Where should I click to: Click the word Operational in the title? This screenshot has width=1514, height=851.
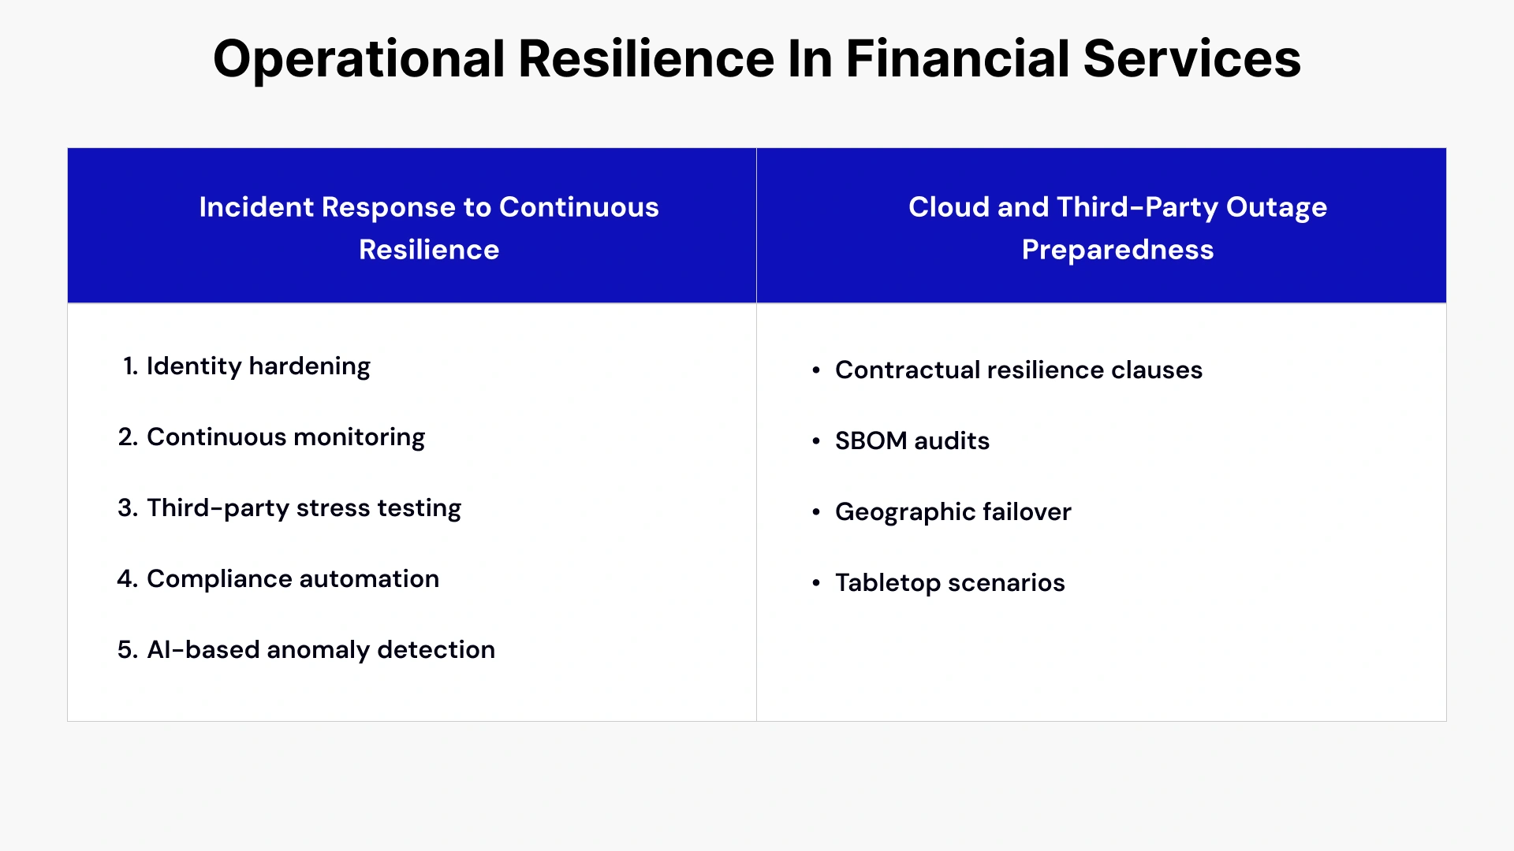(x=359, y=59)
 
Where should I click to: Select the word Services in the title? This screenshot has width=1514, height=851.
(x=1191, y=59)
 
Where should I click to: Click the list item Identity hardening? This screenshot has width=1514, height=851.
(x=258, y=366)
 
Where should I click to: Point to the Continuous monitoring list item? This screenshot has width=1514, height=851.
(x=285, y=437)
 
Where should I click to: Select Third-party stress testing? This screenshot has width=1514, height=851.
(x=304, y=508)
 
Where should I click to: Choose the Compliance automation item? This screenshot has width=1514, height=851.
(x=293, y=579)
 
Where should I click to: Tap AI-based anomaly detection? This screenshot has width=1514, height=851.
(x=321, y=650)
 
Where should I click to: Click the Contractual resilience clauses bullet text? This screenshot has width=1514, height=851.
(x=1018, y=370)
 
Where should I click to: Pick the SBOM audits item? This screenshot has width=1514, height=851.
(x=912, y=441)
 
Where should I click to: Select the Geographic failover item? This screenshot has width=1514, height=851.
(x=953, y=512)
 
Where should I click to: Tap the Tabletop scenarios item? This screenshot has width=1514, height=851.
(x=949, y=583)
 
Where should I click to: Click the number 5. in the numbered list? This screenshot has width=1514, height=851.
(x=127, y=650)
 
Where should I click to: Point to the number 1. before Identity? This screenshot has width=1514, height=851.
(x=130, y=366)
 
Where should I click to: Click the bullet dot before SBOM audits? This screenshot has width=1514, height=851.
(x=816, y=441)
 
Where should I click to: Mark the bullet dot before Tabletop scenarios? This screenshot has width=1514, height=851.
(x=816, y=583)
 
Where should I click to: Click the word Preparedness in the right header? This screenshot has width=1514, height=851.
(x=1117, y=250)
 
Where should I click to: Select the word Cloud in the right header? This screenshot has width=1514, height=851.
(x=948, y=207)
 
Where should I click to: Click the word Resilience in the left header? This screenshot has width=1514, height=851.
(x=429, y=250)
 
